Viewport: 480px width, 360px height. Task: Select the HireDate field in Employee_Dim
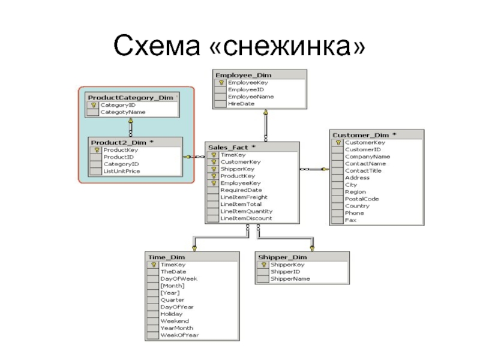(241, 104)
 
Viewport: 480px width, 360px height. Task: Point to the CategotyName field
(122, 112)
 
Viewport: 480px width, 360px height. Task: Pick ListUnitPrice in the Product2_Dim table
(121, 171)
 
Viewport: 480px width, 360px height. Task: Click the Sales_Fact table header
(232, 147)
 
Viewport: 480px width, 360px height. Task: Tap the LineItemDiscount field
(246, 218)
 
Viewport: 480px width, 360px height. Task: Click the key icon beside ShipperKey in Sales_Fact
(212, 169)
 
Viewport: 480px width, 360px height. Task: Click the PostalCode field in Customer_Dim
(362, 199)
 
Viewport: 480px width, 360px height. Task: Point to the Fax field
(350, 220)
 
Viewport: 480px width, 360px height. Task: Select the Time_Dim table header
(167, 257)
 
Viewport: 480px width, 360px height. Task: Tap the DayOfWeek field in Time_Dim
(178, 278)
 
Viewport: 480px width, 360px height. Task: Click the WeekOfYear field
(179, 335)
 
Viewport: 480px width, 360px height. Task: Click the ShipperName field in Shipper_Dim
(290, 278)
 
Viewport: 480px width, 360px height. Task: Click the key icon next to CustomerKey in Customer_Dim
(338, 143)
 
